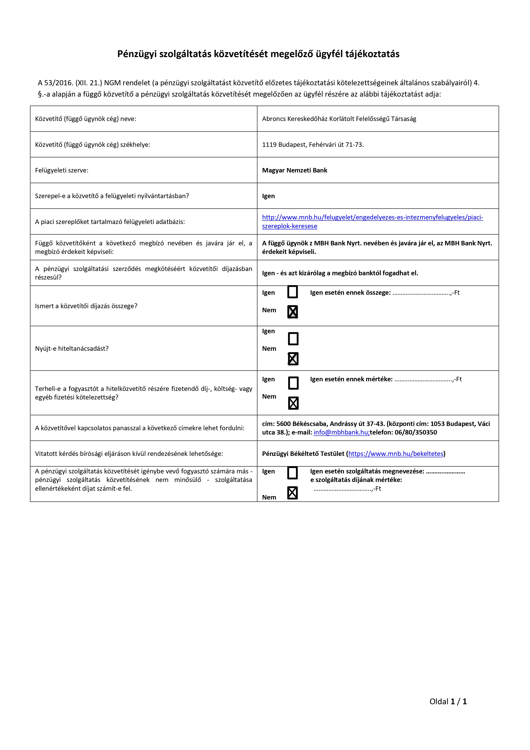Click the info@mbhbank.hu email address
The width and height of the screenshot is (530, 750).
coord(341,432)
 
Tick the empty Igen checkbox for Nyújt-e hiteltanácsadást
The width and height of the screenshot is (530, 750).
coord(293,339)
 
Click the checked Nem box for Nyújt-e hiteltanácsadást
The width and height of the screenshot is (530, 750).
coord(293,359)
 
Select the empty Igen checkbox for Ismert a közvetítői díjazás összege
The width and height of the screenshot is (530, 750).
coord(292,292)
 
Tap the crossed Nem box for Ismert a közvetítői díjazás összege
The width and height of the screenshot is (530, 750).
coord(292,312)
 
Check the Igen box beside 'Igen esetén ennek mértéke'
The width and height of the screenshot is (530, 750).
coord(293,383)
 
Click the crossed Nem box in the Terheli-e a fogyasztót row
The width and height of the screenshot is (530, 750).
coord(293,403)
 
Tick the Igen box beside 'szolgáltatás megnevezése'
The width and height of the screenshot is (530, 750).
coord(292,473)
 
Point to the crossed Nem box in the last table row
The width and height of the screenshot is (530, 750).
coord(292,493)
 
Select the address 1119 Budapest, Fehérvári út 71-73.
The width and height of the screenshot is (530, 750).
coord(313,145)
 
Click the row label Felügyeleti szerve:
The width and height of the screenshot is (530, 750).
coord(62,170)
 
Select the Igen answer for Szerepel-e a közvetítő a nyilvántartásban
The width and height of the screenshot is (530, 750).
coord(268,196)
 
